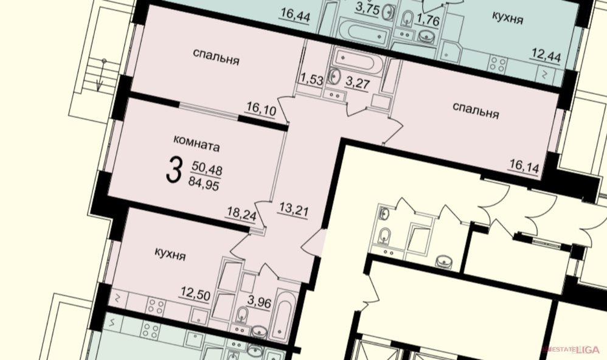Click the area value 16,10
(262, 109)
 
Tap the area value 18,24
(241, 214)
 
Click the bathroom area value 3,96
(259, 302)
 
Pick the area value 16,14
(524, 167)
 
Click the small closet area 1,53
(311, 80)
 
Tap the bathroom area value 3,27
(357, 83)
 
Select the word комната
(196, 143)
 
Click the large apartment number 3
(174, 170)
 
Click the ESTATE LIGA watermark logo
(572, 350)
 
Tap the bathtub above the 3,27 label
(358, 61)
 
